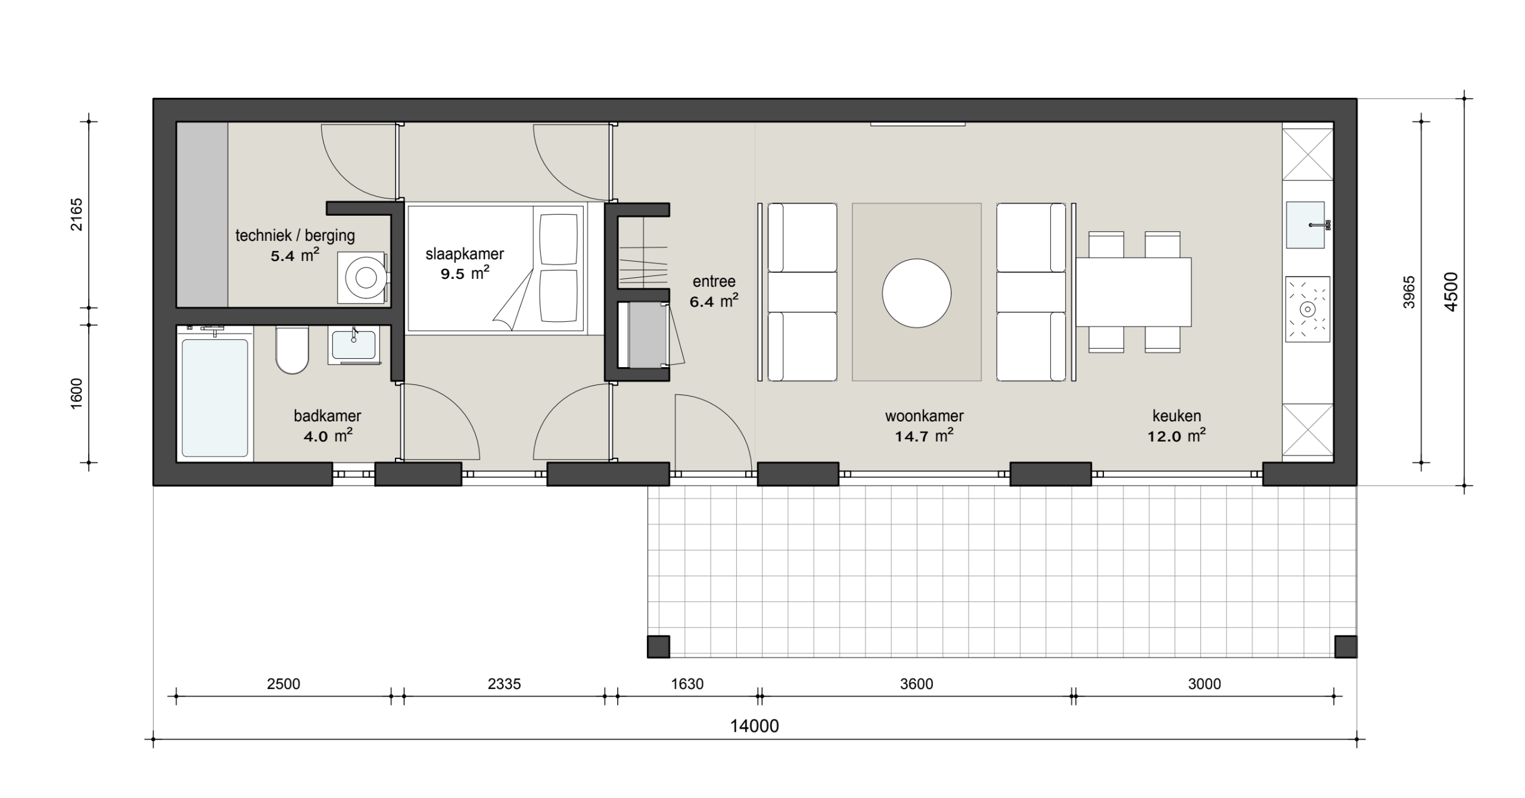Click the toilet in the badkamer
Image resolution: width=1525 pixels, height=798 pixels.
click(292, 351)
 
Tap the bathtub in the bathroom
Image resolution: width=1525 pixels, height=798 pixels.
click(215, 398)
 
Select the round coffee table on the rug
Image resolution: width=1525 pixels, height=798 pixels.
click(916, 293)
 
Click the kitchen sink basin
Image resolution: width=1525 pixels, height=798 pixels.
click(1305, 225)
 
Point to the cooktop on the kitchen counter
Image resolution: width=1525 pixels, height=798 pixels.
click(1308, 309)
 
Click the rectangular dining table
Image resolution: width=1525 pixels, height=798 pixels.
click(1133, 292)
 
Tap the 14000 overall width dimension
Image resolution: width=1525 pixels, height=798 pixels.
click(755, 726)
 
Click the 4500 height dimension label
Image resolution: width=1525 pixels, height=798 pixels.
click(1451, 291)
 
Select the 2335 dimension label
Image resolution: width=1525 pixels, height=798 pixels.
click(504, 684)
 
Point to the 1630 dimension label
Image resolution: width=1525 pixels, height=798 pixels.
click(687, 684)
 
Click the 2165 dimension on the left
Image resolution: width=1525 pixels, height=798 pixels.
click(77, 215)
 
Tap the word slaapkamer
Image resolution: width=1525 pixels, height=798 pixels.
click(465, 254)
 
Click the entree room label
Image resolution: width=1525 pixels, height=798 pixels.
click(714, 281)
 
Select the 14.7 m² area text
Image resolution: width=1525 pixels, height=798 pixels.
click(924, 436)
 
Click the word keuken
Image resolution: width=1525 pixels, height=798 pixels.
click(1177, 415)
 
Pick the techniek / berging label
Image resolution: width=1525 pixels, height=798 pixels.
click(295, 235)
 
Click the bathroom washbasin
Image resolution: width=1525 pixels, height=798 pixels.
click(353, 345)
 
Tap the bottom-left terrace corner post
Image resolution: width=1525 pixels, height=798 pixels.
click(658, 647)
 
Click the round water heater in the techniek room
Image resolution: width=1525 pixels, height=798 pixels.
click(366, 277)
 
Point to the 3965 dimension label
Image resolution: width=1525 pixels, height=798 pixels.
click(1409, 292)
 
